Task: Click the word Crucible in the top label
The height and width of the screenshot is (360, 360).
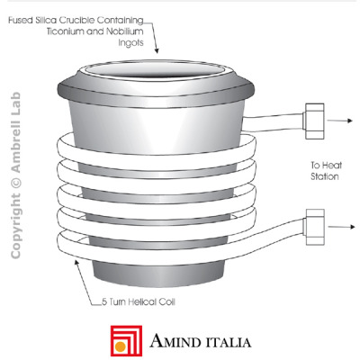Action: pos(77,21)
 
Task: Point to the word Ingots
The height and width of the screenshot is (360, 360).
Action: pos(130,43)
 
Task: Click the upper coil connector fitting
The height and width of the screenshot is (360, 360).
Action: pos(314,121)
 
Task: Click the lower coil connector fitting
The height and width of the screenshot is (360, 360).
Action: pos(315,227)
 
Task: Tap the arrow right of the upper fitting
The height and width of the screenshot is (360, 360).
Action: pos(339,121)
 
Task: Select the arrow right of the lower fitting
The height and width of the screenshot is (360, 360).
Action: pos(341,227)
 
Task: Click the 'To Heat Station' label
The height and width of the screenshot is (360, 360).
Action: pos(326,171)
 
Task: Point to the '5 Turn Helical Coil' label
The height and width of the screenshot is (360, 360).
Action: pos(139,301)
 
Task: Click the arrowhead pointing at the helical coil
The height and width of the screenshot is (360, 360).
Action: pos(76,262)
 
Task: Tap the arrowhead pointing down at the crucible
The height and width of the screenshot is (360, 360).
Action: pos(157,51)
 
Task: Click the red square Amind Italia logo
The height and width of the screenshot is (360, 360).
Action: pos(126,341)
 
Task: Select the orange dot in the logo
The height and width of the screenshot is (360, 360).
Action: pos(121,346)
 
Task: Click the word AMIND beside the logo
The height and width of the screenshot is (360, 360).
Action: pos(175,341)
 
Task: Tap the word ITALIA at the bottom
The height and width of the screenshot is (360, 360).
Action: pos(228,342)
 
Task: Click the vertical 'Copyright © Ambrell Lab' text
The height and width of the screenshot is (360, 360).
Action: pos(15,175)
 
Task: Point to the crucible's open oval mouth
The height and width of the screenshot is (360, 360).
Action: pos(156,71)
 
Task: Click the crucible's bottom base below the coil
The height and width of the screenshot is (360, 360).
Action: pos(159,272)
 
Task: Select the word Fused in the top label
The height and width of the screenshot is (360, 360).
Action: pos(20,21)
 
